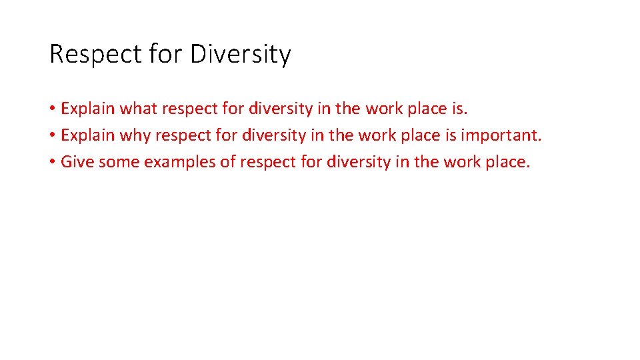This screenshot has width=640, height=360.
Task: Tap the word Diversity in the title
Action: coord(240,55)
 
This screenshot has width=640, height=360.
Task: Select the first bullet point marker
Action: coord(52,109)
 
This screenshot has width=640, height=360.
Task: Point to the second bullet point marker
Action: coord(52,136)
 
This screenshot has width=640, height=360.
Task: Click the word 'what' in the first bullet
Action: coord(138,108)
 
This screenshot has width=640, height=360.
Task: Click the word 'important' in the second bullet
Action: coord(501,135)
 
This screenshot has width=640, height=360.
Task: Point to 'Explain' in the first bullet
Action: coord(87,109)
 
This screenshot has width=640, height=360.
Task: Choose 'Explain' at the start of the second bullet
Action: coord(87,136)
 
